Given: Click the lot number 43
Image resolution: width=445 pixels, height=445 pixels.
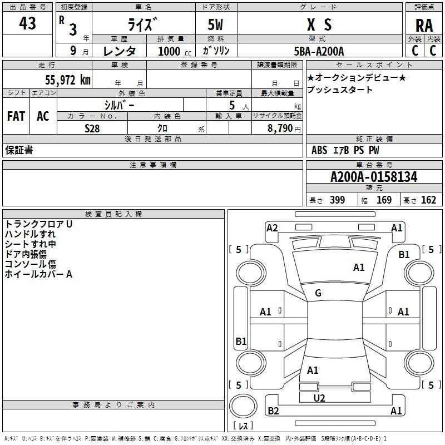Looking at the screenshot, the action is (27, 23).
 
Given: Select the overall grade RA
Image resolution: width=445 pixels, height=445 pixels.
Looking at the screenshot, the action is (424, 26).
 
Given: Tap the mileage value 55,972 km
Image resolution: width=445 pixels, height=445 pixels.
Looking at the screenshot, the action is (68, 80).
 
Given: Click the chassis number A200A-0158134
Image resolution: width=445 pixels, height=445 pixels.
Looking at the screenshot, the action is (374, 176).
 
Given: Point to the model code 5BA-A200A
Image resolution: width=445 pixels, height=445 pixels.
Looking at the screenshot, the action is (319, 51).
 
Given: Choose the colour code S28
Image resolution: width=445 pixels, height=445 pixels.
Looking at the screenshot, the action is (92, 128).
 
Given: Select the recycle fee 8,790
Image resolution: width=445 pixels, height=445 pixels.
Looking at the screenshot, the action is (280, 128).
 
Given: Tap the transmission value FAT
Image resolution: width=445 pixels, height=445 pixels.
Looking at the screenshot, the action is (16, 116).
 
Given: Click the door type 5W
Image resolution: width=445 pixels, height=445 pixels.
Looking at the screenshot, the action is (215, 24).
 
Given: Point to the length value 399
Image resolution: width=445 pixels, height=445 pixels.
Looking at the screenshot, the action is (337, 200).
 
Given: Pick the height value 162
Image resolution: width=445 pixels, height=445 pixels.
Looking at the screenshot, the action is (428, 200).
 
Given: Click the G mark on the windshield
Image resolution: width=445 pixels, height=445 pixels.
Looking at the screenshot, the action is (318, 293).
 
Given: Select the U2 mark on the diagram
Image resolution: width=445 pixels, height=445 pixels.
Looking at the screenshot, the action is (319, 398).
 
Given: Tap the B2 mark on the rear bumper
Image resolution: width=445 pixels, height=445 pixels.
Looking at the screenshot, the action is (273, 411).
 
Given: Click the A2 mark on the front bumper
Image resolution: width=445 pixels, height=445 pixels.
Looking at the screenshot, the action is (272, 228).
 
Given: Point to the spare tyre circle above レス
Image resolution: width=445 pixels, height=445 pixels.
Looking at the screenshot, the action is (243, 406).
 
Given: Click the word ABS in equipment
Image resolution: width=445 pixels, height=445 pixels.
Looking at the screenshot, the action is (319, 150).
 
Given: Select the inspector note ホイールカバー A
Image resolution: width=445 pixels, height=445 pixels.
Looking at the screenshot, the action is (38, 274).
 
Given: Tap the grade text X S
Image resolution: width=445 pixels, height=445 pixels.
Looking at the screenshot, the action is (319, 24).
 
